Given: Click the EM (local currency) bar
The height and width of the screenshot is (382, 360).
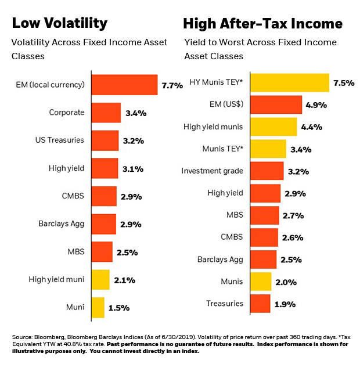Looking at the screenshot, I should coord(124,85).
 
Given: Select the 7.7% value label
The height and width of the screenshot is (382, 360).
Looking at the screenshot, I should coord(172,85).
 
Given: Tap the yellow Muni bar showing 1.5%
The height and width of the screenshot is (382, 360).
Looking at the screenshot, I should coord(98,307).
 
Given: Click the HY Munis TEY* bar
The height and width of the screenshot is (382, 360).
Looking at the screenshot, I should coord(291,83).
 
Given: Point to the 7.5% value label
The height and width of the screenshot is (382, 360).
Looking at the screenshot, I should coord(344,83).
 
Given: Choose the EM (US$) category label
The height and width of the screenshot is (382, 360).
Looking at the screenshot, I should coord(225,105).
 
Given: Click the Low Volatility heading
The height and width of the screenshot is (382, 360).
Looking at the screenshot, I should coord(59,23).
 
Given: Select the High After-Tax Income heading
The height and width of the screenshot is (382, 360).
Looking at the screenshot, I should coord(262,24).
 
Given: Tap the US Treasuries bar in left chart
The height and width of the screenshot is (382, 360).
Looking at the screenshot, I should coord(105,140).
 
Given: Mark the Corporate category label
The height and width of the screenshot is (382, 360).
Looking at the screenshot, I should coord(67,113).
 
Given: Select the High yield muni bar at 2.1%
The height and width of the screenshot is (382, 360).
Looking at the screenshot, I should coord(100,280).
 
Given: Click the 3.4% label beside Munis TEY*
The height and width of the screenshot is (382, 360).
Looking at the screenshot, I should coord(300,149).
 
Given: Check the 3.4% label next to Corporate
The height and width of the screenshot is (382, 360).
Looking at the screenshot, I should coord(135,113).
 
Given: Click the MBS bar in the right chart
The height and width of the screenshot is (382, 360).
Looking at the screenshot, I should coord(265,215).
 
